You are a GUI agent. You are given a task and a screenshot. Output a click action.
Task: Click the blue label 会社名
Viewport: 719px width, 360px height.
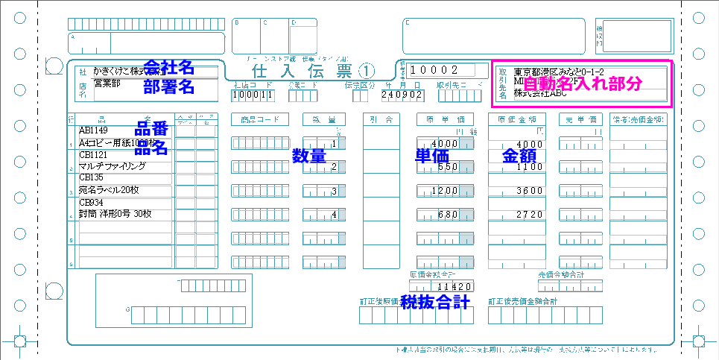click(168, 68)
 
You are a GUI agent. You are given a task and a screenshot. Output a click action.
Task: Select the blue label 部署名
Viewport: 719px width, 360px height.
click(168, 86)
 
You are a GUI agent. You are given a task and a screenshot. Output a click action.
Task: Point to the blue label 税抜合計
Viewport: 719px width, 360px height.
click(434, 302)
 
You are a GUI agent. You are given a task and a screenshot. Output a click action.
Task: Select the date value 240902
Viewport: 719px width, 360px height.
click(402, 95)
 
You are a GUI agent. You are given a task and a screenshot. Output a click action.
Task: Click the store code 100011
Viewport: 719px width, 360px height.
click(248, 95)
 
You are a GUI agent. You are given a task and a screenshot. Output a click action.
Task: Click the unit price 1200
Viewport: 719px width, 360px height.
click(443, 192)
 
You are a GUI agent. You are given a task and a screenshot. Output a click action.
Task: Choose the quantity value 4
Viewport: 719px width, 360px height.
click(334, 215)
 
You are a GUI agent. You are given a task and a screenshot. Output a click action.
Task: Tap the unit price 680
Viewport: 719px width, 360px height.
click(446, 215)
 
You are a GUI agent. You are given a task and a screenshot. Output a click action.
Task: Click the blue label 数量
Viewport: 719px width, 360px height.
click(308, 157)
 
